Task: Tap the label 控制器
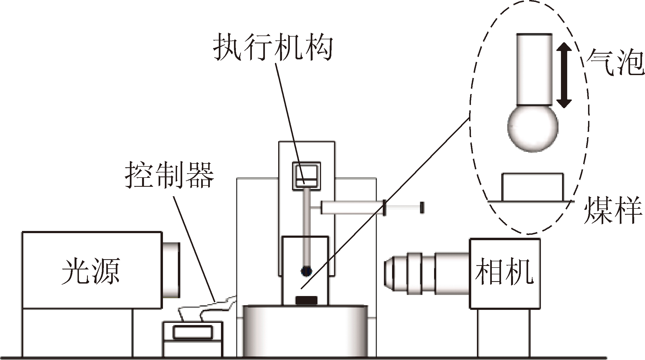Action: (169, 175)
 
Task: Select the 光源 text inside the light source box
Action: (91, 271)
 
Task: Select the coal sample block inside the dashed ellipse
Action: (532, 187)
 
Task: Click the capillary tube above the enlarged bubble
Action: (534, 69)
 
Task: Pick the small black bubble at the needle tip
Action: (306, 271)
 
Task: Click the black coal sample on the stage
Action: (306, 300)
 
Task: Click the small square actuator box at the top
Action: (306, 176)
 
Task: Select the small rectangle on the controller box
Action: (193, 333)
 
